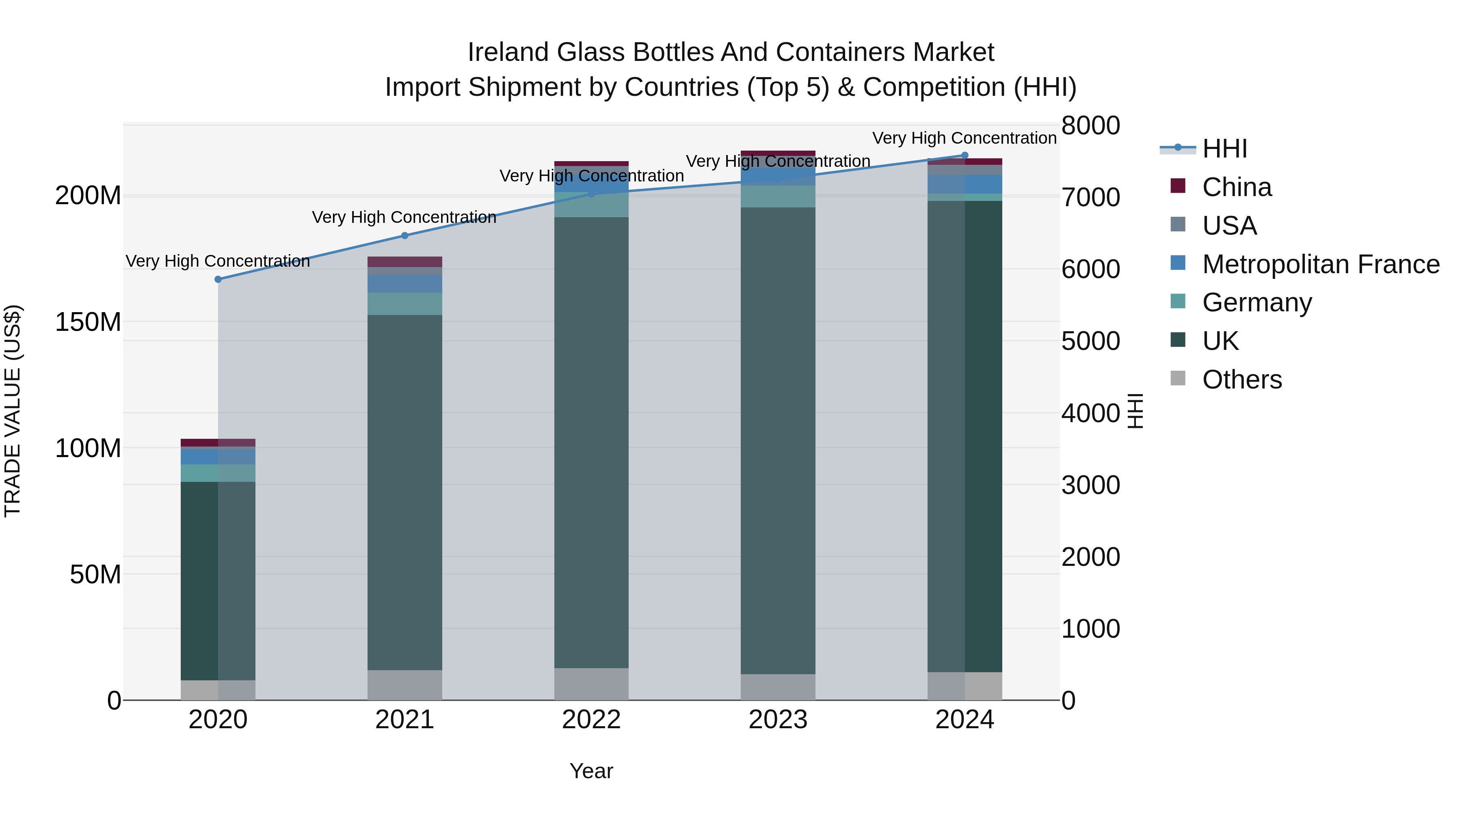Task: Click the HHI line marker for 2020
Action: click(218, 279)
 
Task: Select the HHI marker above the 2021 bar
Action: click(404, 235)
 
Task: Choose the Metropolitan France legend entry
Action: click(1320, 264)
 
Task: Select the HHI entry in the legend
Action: click(1224, 149)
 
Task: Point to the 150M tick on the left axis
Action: click(88, 322)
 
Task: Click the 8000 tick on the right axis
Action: click(1090, 125)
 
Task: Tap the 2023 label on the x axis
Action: click(778, 720)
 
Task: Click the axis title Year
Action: click(591, 771)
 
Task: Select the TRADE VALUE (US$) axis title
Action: click(13, 411)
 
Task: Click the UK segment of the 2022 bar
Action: click(591, 442)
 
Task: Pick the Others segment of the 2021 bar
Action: click(404, 685)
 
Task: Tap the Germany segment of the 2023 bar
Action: click(778, 196)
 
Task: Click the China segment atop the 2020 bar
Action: click(218, 442)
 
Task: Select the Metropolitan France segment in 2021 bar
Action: click(404, 284)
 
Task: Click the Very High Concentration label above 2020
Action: click(218, 261)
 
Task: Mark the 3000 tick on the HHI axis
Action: click(1090, 485)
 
